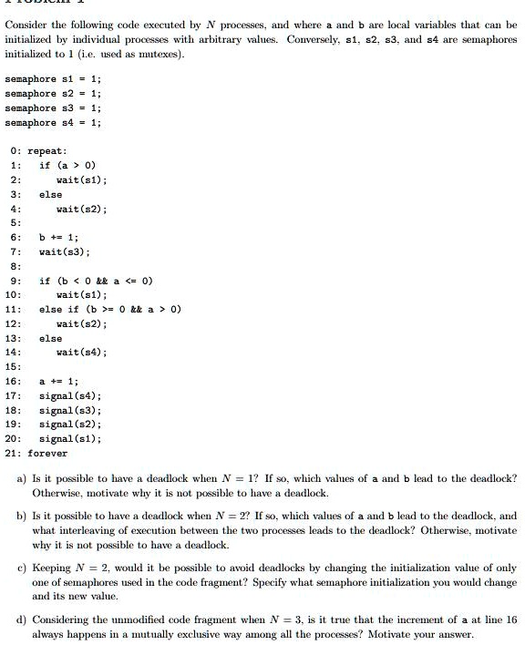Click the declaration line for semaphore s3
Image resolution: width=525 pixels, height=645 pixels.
[x=54, y=107]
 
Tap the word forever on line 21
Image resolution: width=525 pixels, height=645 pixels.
[x=47, y=453]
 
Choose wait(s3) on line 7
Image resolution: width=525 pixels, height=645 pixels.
[x=65, y=251]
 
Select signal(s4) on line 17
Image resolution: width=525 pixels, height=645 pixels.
[x=70, y=395]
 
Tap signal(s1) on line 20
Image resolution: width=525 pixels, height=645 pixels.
[x=70, y=438]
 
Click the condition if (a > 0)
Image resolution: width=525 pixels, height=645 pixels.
[x=67, y=166]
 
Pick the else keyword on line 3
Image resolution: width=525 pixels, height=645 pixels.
[x=50, y=194]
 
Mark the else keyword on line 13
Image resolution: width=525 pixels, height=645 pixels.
[x=50, y=338]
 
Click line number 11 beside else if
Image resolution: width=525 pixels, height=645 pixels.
[x=12, y=309]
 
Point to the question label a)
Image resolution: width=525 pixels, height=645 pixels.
[x=21, y=478]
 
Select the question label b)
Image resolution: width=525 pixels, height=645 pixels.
[x=21, y=515]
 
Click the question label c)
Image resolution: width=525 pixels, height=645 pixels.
[x=21, y=567]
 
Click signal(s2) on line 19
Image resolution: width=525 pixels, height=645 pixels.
[x=70, y=424]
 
